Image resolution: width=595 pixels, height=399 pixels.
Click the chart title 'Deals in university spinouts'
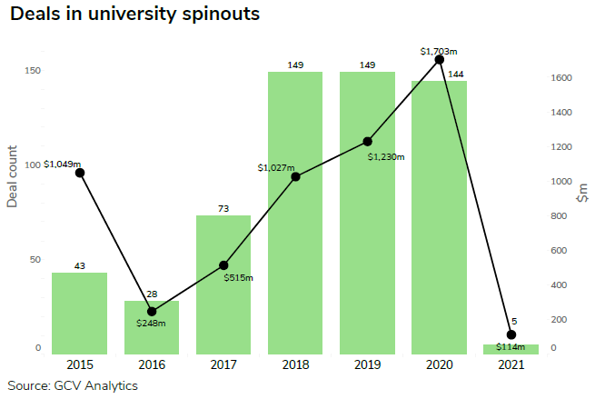135,15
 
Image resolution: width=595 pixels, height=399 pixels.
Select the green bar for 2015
79,313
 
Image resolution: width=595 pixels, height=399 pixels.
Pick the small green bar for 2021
511,348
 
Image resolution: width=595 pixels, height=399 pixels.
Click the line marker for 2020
440,59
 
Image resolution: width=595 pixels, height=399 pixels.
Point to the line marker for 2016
152,312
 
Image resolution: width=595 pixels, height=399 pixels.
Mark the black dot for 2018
296,176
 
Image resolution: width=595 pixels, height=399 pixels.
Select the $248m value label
152,323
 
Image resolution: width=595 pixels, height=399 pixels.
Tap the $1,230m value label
386,156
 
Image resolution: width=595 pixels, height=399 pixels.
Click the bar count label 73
223,209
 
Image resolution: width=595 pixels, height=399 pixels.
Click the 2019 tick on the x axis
368,364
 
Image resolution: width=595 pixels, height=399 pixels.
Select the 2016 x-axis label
152,364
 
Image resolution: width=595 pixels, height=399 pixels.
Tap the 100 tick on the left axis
35,165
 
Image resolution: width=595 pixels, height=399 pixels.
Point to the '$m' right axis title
582,193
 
